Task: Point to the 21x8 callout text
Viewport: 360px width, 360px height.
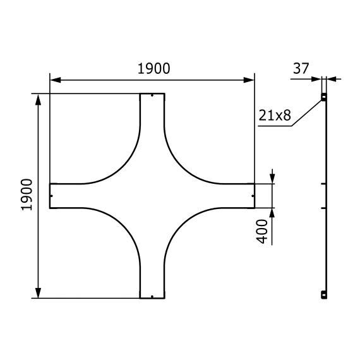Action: (x=274, y=116)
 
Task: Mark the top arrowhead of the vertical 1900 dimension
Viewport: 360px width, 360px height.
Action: (x=39, y=99)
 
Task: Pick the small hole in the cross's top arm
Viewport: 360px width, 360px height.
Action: (x=152, y=97)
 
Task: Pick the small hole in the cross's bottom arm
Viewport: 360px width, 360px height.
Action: (x=152, y=295)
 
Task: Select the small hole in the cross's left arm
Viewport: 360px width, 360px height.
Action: (x=52, y=196)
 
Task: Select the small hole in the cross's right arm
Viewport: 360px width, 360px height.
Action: (x=251, y=196)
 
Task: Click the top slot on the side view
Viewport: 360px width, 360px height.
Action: (x=324, y=97)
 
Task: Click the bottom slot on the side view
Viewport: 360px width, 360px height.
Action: (x=324, y=294)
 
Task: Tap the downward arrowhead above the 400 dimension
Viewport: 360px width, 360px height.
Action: (x=272, y=179)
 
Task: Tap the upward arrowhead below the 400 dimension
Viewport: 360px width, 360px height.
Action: (x=272, y=212)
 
